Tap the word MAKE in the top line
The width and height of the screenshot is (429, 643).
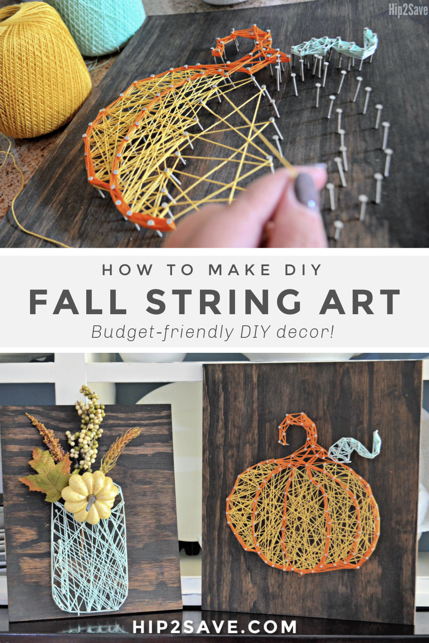pos(239,270)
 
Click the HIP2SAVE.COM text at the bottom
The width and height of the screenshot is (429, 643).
pos(214,626)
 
